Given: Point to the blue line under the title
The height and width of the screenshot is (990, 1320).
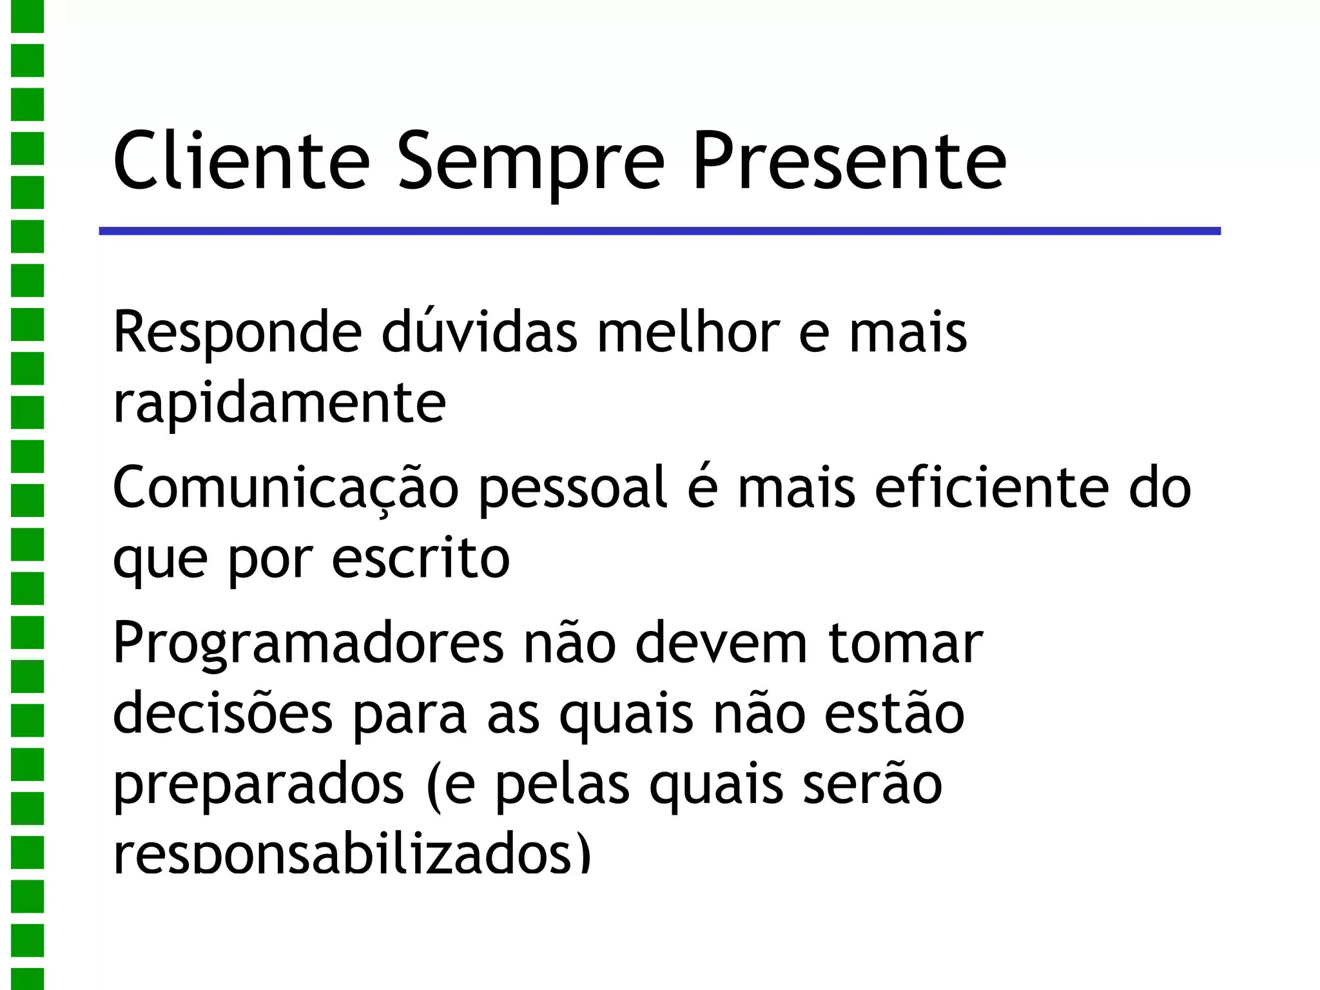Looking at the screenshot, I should (x=659, y=231).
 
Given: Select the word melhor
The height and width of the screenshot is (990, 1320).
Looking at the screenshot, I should (x=688, y=331).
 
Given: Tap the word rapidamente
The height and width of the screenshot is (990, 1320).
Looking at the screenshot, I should (x=279, y=403).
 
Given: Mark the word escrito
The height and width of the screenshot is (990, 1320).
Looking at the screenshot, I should (x=420, y=558).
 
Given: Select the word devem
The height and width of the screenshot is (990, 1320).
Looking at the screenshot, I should (x=721, y=642).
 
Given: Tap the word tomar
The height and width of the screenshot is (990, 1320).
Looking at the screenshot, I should (x=905, y=643).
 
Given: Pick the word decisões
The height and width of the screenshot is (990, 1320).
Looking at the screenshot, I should (x=222, y=713).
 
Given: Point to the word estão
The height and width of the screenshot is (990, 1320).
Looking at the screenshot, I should (x=895, y=713).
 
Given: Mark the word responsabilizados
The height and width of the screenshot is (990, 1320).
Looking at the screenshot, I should (x=352, y=855).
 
